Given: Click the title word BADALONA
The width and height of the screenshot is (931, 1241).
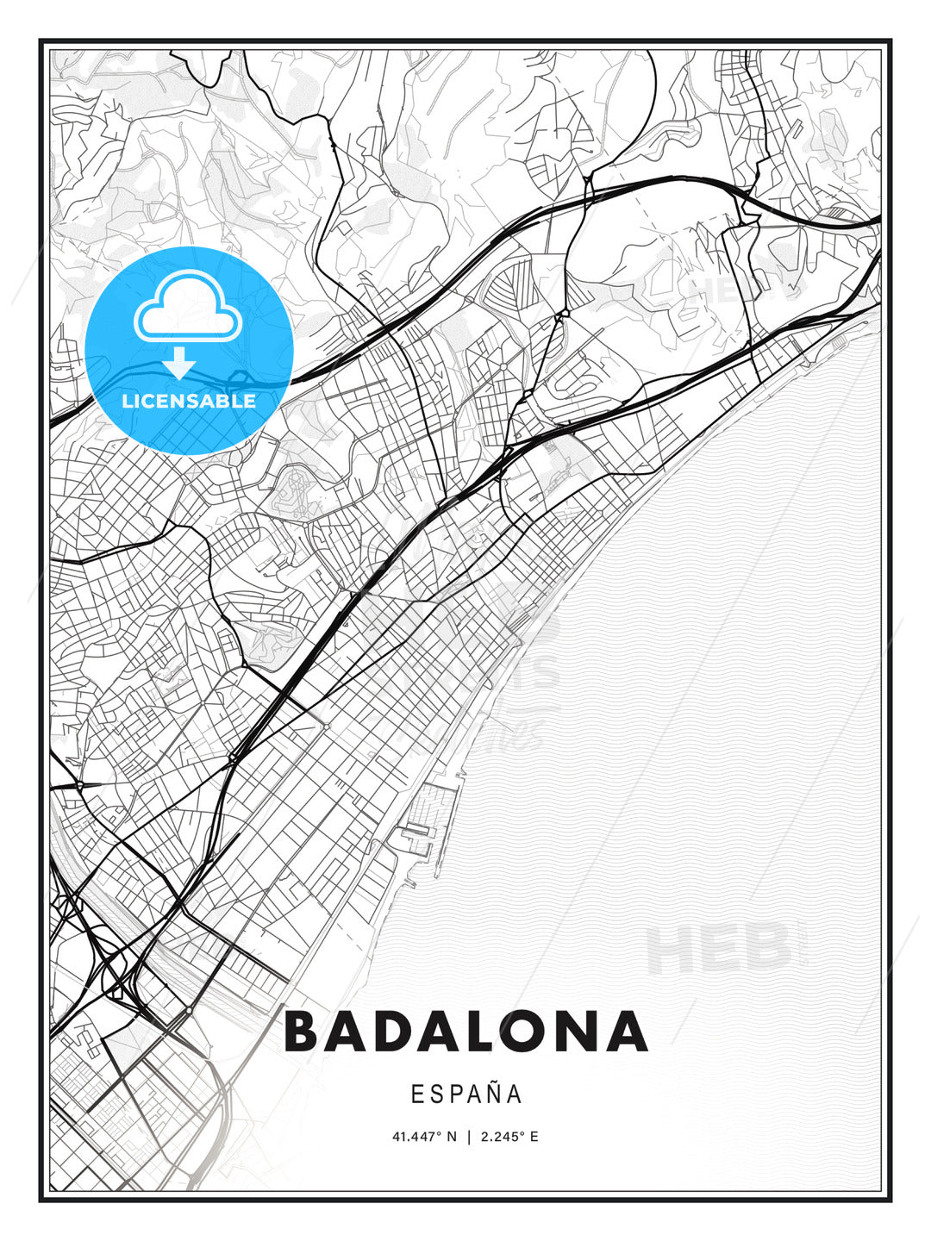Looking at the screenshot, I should coord(465,1032).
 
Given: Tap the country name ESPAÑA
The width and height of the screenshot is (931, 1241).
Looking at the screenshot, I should coord(466,1094).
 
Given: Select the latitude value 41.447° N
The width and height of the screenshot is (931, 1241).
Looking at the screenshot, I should coord(424,1137).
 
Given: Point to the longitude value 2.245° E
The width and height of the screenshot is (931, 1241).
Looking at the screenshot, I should coord(509,1137).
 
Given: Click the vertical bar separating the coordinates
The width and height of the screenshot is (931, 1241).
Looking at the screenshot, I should coord(468,1137).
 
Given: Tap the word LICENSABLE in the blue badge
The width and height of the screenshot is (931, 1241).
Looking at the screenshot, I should coord(189,401).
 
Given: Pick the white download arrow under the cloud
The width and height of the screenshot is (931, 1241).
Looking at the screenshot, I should coord(179,363).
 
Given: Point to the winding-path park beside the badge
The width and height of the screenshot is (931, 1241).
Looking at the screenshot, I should coord(295,492).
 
